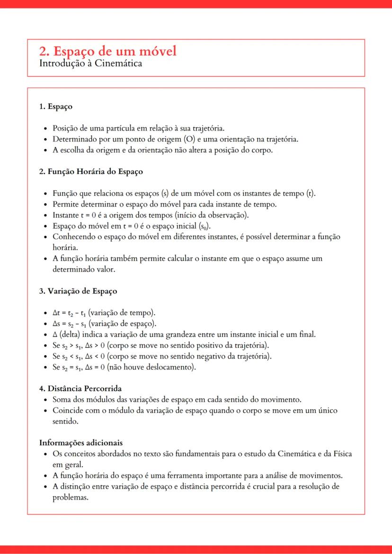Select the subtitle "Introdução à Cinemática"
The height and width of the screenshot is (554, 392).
pyautogui.click(x=90, y=63)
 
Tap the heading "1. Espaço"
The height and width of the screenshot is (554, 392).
pyautogui.click(x=55, y=106)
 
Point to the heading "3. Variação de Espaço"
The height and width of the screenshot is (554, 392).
pyautogui.click(x=78, y=291)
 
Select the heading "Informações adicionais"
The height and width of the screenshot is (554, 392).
pyautogui.click(x=81, y=443)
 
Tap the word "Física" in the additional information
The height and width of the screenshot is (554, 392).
pyautogui.click(x=341, y=454)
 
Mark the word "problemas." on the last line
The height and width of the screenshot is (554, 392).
pyautogui.click(x=71, y=497)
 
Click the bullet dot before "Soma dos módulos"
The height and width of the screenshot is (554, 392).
pyautogui.click(x=45, y=400)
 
